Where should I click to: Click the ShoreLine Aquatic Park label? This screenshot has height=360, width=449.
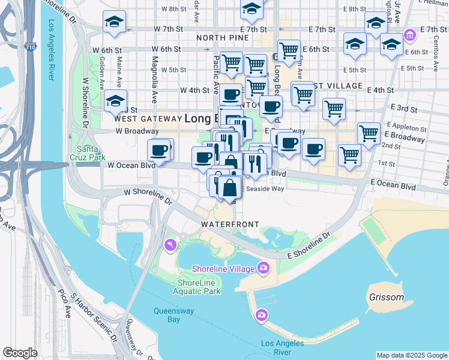click(196, 287)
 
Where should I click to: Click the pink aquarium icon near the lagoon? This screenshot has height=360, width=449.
click(170, 245)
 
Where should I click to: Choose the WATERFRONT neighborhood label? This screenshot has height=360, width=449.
click(230, 224)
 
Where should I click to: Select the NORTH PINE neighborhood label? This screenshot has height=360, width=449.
click(222, 38)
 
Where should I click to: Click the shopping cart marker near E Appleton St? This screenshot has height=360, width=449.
click(368, 133)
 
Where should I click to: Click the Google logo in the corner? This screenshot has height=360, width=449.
click(20, 353)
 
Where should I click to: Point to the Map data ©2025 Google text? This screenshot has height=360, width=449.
click(412, 355)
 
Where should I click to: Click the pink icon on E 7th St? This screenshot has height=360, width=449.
click(410, 35)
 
